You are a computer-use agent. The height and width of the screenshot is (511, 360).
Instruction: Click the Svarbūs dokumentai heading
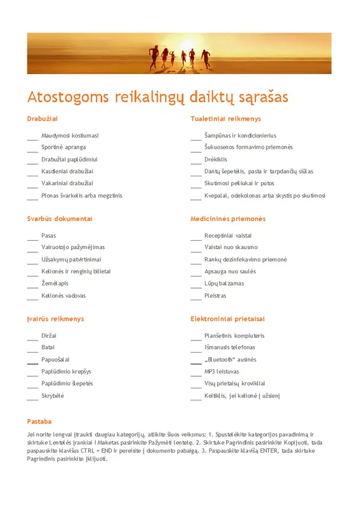pyautogui.click(x=59, y=218)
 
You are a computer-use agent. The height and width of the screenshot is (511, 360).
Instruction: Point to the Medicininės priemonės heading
pyautogui.click(x=228, y=218)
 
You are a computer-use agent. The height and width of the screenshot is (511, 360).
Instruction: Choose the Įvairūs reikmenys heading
pyautogui.click(x=56, y=319)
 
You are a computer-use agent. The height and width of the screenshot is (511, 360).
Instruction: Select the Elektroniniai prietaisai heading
pyautogui.click(x=227, y=319)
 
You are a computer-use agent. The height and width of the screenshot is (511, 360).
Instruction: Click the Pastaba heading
pyautogui.click(x=39, y=422)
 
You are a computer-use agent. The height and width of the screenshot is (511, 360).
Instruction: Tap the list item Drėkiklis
pyautogui.click(x=216, y=159)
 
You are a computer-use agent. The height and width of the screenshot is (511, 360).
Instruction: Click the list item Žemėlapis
pyautogui.click(x=55, y=284)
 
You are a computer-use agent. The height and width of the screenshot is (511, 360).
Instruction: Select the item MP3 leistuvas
pyautogui.click(x=222, y=371)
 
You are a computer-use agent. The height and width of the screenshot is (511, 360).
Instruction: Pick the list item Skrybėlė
pyautogui.click(x=53, y=395)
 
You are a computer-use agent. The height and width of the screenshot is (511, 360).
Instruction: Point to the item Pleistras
pyautogui.click(x=215, y=296)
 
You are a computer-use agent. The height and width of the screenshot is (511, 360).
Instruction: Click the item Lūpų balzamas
pyautogui.click(x=224, y=284)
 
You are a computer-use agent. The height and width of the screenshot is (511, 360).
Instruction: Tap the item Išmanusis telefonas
pyautogui.click(x=230, y=347)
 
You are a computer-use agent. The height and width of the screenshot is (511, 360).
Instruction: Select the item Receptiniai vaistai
pyautogui.click(x=228, y=236)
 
